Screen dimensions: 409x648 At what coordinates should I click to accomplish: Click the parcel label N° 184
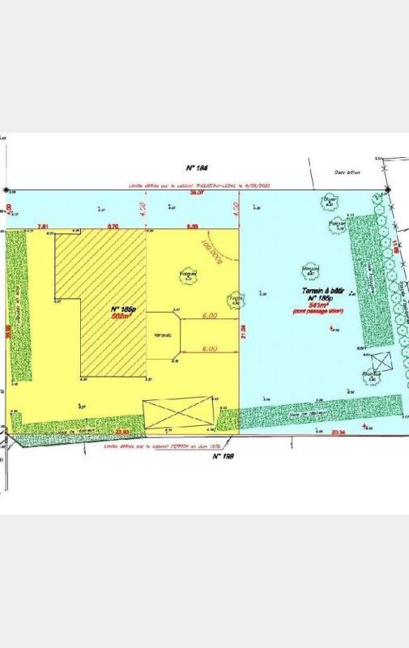click(x=198, y=168)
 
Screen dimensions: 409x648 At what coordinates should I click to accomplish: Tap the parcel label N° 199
click(x=223, y=457)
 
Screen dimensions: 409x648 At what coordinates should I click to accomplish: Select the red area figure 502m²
click(x=121, y=318)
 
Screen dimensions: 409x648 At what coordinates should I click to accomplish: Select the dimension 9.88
click(x=193, y=226)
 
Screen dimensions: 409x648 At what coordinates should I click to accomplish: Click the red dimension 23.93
click(x=123, y=433)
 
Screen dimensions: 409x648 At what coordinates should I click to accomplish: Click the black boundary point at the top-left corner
click(x=6, y=190)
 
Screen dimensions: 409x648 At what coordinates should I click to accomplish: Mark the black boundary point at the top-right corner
click(x=388, y=190)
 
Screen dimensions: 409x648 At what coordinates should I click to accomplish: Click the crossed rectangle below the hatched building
click(x=179, y=412)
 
